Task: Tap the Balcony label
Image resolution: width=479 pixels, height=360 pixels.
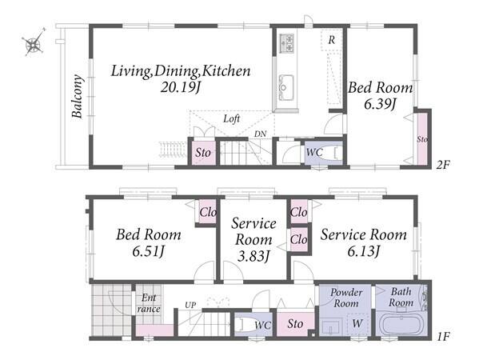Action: coord(78,96)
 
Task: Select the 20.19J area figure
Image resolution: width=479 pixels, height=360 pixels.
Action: coord(180,88)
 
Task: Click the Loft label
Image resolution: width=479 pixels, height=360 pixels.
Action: coord(232,118)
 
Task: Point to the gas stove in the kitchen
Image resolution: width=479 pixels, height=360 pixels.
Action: coord(287,42)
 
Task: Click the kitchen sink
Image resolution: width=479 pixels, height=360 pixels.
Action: coord(286,87)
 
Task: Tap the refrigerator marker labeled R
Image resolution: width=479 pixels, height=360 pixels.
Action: coord(331,40)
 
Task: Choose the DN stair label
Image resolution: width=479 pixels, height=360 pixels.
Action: coord(260,134)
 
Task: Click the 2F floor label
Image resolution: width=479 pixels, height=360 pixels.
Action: coord(443,165)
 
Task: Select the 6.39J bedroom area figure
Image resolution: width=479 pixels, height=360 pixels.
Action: coord(380,104)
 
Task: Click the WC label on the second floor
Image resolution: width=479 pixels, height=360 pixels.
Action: coord(314,152)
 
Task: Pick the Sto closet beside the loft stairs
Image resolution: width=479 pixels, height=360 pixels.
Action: coord(203,152)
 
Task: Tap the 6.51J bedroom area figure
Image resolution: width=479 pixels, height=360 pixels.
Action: coord(149,251)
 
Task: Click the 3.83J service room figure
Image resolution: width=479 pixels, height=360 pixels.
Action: coord(253,255)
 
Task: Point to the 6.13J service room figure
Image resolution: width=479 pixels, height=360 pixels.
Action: coord(364,251)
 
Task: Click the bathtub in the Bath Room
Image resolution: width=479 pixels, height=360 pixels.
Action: coord(401,323)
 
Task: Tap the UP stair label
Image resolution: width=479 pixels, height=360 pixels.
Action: coord(190,305)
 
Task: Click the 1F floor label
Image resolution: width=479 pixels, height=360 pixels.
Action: coord(443,337)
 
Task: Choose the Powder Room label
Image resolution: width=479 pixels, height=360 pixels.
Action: coord(346,298)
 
